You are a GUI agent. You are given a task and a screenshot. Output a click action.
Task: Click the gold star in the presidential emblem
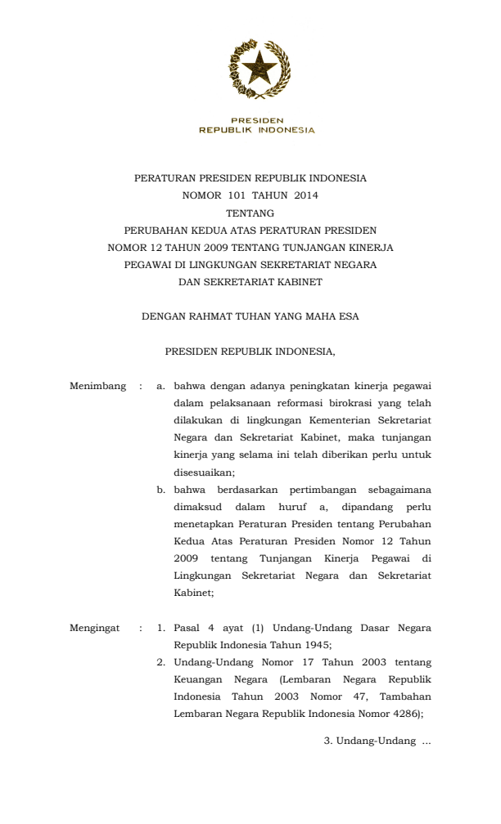(x=258, y=68)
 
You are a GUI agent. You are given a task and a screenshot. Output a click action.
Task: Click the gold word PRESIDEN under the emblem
(x=257, y=120)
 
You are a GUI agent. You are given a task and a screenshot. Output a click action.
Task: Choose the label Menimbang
(x=98, y=386)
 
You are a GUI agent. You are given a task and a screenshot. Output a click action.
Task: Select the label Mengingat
(x=95, y=629)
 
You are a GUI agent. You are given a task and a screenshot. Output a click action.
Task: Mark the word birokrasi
(x=345, y=403)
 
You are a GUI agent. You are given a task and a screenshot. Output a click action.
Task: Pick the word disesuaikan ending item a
(x=203, y=472)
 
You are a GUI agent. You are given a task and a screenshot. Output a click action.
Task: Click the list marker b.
(x=161, y=490)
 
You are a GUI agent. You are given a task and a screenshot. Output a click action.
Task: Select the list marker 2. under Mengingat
(x=161, y=662)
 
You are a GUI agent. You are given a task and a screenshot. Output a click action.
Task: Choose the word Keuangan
(x=196, y=679)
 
